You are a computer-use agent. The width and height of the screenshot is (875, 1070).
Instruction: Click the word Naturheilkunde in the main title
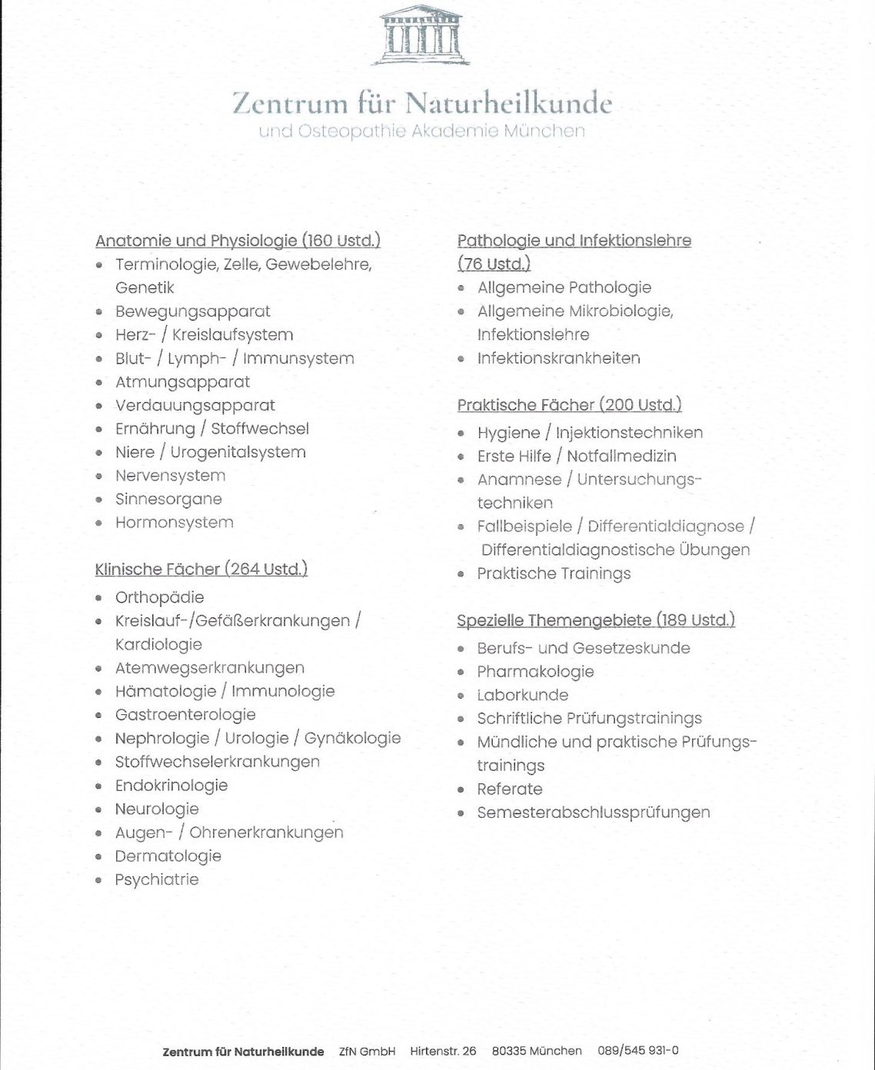coord(508,102)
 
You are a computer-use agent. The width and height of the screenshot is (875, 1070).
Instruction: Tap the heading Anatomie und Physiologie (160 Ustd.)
coord(238,241)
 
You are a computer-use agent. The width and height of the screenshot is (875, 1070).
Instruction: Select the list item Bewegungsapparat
coord(192,311)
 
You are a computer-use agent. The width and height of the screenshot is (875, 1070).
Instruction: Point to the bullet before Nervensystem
coord(99,477)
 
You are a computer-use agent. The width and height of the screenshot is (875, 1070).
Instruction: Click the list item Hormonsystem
coord(174,523)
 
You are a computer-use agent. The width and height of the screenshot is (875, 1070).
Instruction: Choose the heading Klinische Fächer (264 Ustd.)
coord(201,570)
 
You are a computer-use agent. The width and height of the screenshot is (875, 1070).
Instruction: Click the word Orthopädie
coord(159,597)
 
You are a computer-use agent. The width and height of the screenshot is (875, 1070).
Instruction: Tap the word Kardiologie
coord(158,644)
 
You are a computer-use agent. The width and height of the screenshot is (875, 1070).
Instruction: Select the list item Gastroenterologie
coord(185,715)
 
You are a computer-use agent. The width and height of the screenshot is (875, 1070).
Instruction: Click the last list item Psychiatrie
coord(156,880)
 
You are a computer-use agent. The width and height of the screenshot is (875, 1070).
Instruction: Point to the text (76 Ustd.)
coord(494,264)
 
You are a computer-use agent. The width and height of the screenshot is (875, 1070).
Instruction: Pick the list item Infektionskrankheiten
coord(558,358)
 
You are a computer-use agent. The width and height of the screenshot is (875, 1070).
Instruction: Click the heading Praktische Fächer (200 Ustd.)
coord(569,405)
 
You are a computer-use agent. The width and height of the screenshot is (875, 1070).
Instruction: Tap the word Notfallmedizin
coord(621,457)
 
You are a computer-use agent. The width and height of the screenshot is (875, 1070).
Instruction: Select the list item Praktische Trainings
coord(554,573)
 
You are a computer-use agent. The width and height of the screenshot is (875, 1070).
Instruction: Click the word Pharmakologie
coord(535,672)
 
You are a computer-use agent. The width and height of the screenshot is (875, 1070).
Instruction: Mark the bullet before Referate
coord(461,790)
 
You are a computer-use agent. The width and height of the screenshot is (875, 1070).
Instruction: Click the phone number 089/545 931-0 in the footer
coord(637,1051)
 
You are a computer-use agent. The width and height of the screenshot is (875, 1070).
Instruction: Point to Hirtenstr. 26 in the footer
coord(443,1051)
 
